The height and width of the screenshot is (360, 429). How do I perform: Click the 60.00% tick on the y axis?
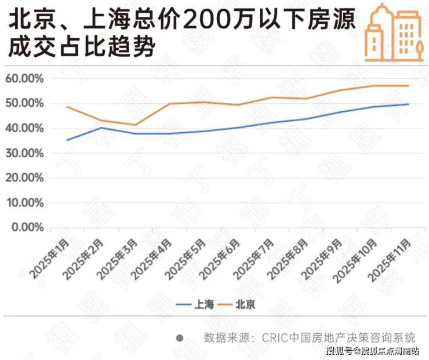24,79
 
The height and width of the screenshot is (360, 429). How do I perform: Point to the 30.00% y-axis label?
24,154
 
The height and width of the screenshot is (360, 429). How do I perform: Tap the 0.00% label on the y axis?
27,227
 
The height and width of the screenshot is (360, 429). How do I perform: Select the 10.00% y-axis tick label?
25,203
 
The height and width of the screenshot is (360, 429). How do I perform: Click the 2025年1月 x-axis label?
49,258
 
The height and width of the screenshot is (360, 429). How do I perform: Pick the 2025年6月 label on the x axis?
220,259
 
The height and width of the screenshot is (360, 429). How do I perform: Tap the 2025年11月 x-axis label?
390,260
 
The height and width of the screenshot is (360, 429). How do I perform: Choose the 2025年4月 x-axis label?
152,259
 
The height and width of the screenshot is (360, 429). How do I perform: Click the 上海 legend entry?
195,304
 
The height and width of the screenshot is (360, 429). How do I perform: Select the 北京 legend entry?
236,304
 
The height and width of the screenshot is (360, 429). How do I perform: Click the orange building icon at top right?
394,33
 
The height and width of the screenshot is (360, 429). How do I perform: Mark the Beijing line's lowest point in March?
135,125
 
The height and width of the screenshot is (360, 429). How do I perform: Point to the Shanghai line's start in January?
67,140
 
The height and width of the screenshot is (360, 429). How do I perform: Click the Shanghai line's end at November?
409,104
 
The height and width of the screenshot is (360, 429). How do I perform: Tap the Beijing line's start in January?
67,107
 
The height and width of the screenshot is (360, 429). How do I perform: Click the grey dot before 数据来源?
180,339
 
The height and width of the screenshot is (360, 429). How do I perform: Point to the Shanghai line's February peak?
101,128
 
